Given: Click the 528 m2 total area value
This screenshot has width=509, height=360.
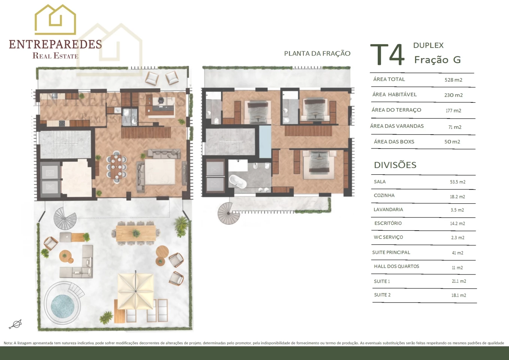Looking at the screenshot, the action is click(453, 80).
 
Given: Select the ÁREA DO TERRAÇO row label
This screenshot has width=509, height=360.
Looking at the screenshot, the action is click(396, 110).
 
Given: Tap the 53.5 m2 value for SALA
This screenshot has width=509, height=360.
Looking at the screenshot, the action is click(458, 182).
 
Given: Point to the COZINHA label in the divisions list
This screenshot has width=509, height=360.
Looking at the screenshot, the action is click(384, 195).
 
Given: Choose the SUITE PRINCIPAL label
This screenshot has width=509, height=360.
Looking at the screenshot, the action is click(391, 252).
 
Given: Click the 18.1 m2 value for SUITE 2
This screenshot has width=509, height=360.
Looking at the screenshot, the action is click(459, 295).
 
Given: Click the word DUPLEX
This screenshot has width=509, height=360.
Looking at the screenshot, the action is click(428, 45).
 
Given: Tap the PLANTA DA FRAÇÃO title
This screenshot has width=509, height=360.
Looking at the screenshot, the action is click(317, 54).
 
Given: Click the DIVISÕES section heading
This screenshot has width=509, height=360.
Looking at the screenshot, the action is click(395, 165).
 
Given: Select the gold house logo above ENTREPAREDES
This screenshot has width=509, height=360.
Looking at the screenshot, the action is click(55, 19).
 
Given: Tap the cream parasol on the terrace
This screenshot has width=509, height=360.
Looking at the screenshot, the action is click(136, 291).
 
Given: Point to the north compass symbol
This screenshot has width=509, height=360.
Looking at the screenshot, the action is click(16, 324).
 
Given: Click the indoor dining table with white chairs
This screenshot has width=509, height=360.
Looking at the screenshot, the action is click(116, 167).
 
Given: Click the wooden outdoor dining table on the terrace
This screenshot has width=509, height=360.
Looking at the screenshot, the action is click(136, 234).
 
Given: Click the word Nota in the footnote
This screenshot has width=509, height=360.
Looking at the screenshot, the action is click(8, 343).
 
